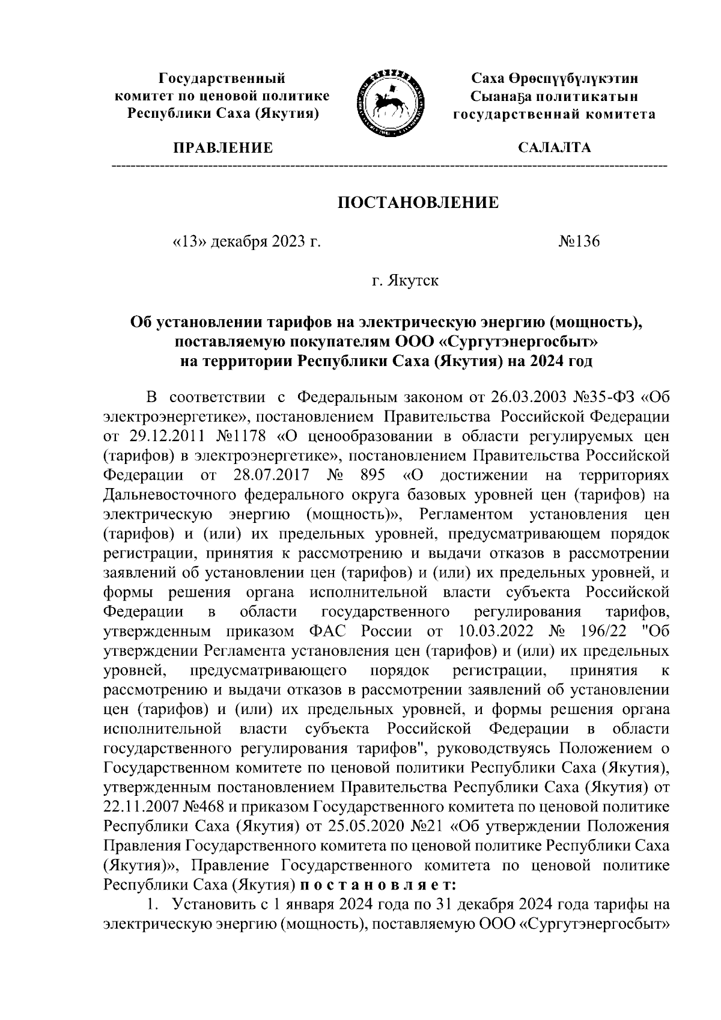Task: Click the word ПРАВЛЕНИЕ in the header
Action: (223, 148)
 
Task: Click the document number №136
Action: (579, 242)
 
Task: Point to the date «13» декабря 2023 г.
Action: (244, 242)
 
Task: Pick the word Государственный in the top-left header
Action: (222, 78)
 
